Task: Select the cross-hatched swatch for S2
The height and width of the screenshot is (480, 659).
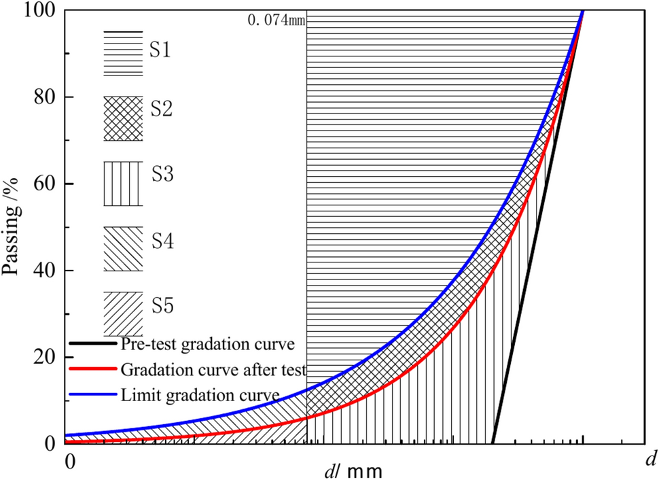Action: point(123,118)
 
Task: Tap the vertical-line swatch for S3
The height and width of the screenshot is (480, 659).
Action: point(123,184)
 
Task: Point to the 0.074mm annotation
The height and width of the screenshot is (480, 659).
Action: point(276,20)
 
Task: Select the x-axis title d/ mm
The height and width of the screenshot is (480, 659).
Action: point(353,469)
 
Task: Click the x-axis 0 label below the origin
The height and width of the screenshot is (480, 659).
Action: point(69,460)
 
